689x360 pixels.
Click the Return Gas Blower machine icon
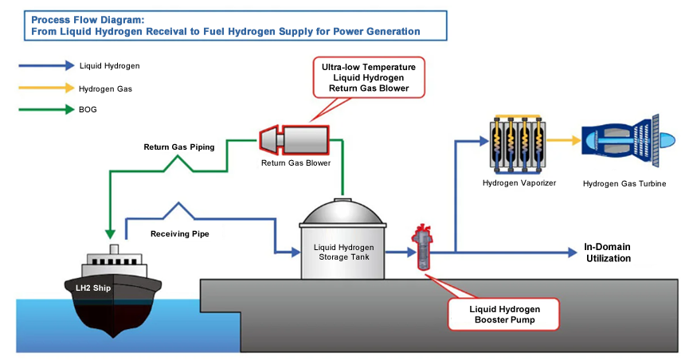point(294,140)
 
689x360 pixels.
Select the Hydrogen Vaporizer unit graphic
point(519,143)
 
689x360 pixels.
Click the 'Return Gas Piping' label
point(173,147)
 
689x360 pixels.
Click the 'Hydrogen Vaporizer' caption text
point(519,184)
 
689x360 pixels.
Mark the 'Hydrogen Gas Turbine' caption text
point(624,184)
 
